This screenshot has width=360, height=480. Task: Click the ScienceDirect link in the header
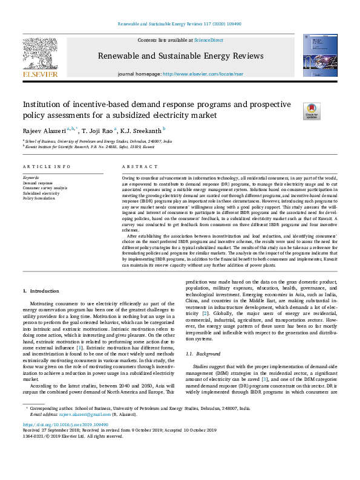pos(208,40)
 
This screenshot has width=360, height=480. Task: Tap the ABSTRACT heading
pos(136,166)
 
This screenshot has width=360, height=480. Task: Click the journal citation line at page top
pos(179,25)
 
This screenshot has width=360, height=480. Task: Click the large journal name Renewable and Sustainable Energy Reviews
pos(180,56)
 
